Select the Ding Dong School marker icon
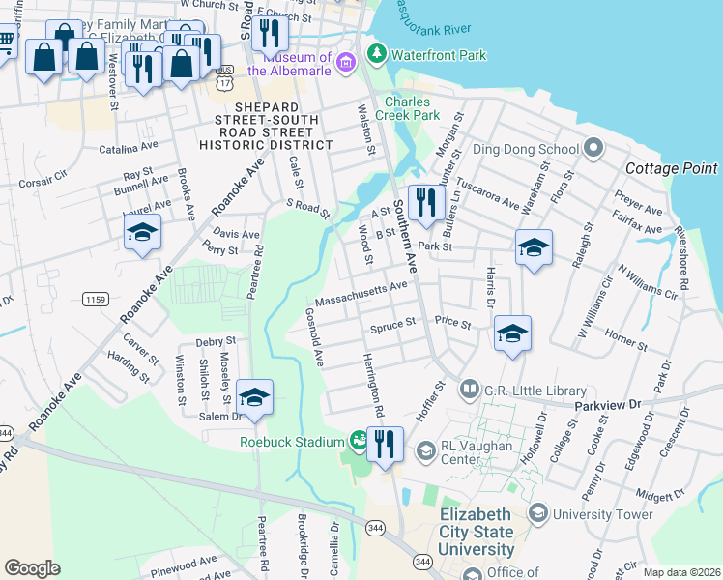coord(593,149)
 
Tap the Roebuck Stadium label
coord(291,442)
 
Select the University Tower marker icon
coord(538,513)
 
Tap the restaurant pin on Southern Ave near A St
coord(424,203)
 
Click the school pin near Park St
coord(534,248)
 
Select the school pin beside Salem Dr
coord(254,397)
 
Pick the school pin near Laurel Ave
coord(142,233)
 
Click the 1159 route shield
coord(94,301)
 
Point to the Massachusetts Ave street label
coord(361,290)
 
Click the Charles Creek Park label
coord(412,108)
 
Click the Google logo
coord(32,568)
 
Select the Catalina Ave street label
coord(129,147)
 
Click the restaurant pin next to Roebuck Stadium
coord(385,445)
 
